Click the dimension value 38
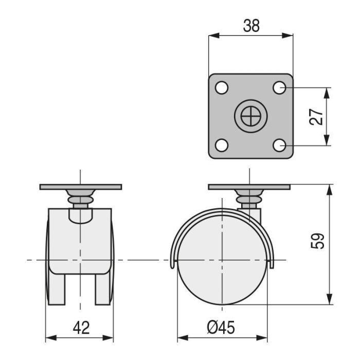pyautogui.click(x=251, y=26)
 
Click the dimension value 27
pyautogui.click(x=317, y=117)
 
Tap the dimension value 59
pyautogui.click(x=318, y=241)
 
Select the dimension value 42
pyautogui.click(x=80, y=327)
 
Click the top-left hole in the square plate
pyautogui.click(x=222, y=88)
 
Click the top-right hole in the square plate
pyautogui.click(x=279, y=88)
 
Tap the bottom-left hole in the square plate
pyautogui.click(x=222, y=146)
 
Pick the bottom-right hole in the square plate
pyautogui.click(x=279, y=146)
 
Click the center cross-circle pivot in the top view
pyautogui.click(x=250, y=117)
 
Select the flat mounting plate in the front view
pyautogui.click(x=81, y=187)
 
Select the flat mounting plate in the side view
pyautogui.click(x=249, y=187)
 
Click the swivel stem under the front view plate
pyautogui.click(x=80, y=197)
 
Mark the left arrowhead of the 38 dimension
pyautogui.click(x=211, y=35)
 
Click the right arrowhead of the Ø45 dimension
pyautogui.click(x=264, y=338)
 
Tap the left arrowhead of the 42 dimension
pyautogui.click(x=49, y=338)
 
